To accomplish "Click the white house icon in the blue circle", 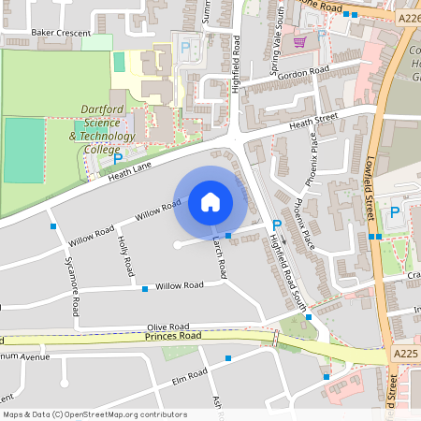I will [210, 201].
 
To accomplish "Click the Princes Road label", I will [171, 335].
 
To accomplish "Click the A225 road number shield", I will [404, 353].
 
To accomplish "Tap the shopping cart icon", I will [299, 42].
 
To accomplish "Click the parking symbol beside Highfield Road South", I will [275, 225].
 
